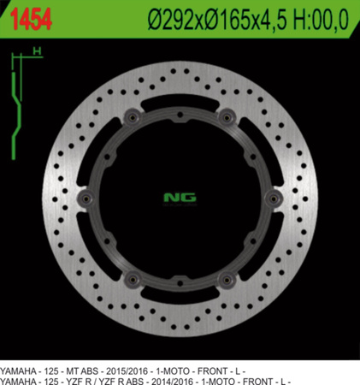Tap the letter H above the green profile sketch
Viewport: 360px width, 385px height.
37,52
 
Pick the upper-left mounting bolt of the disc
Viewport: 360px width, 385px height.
131,117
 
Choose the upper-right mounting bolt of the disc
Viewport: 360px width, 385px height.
227,117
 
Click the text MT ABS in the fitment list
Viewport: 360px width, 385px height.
88,369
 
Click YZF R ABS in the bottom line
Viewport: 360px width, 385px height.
128,379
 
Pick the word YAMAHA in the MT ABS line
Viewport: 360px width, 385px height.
19,369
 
